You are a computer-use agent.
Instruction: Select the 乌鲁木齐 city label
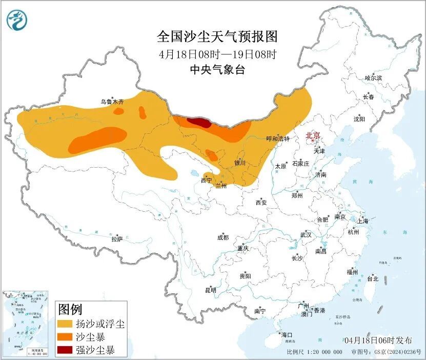tap(112, 102)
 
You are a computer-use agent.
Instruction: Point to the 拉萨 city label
tap(117, 238)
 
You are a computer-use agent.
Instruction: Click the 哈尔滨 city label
tap(373, 78)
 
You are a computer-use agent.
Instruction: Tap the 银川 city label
tap(240, 163)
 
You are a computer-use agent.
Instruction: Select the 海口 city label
tap(286, 335)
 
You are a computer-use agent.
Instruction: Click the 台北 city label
tap(372, 279)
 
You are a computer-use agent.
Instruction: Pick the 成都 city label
tap(223, 237)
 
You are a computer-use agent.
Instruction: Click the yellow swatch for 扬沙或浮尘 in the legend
tap(65, 324)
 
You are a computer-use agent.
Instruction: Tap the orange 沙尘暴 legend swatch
tap(65, 337)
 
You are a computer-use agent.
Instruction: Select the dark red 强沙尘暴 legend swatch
tap(65, 351)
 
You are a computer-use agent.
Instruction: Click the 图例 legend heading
tap(70, 309)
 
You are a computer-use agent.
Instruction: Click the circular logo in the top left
tap(16, 20)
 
